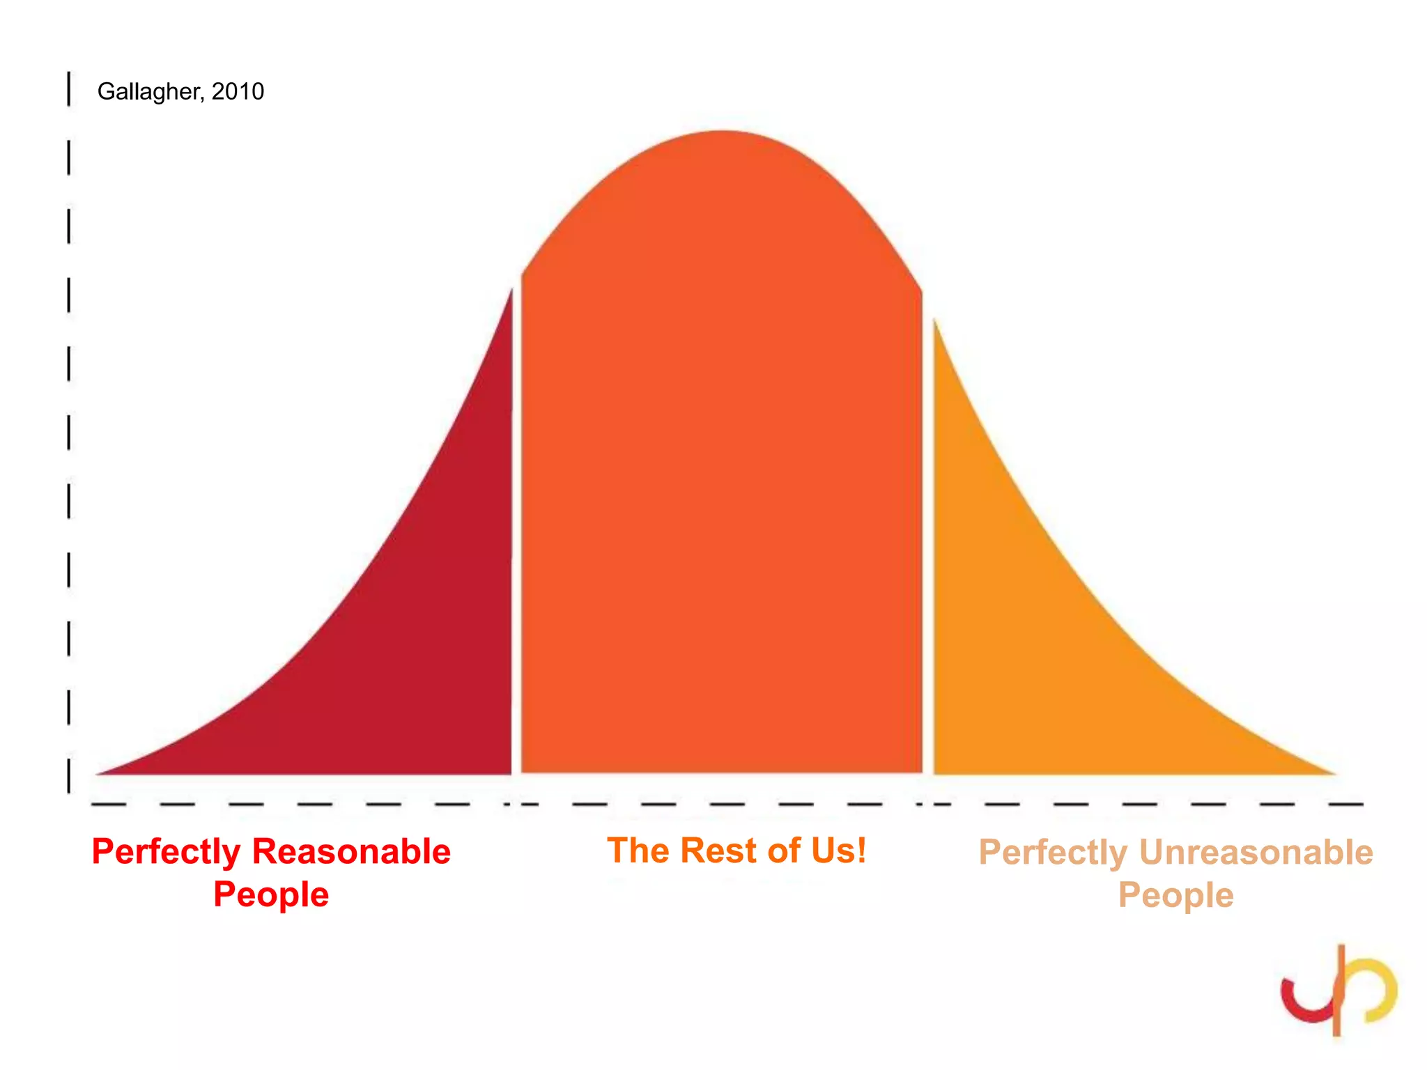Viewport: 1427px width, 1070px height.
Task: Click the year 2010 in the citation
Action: pos(238,91)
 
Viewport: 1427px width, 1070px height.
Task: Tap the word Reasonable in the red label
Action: pos(351,851)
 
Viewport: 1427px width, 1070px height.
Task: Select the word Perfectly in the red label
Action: pos(166,851)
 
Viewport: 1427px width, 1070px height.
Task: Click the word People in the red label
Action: pos(271,894)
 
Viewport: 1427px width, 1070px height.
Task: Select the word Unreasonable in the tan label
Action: pos(1256,852)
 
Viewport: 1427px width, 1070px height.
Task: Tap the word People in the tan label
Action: pos(1175,895)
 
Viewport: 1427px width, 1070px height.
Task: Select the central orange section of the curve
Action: pos(722,488)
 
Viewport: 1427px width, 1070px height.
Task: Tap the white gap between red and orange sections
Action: pos(516,557)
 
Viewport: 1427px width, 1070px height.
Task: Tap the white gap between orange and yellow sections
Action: pos(928,557)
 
